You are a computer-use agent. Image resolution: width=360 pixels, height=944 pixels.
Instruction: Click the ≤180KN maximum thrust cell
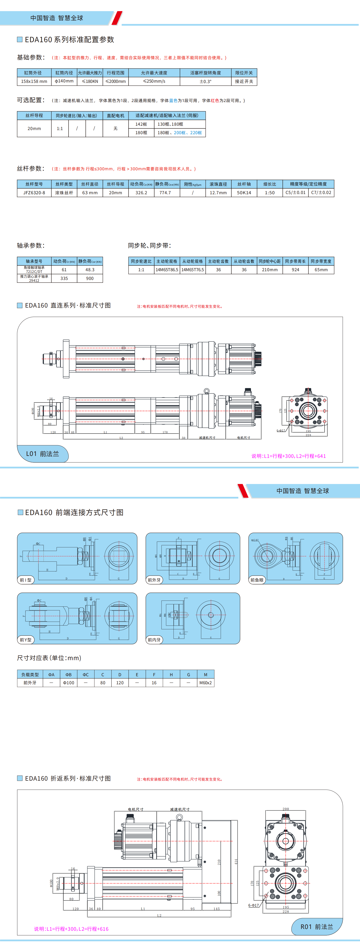90,81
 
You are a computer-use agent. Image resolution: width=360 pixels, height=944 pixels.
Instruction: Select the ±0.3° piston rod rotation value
205,81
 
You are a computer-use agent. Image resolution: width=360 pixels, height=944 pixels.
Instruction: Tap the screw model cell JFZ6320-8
34,193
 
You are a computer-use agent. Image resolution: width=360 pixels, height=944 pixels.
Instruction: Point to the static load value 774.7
165,193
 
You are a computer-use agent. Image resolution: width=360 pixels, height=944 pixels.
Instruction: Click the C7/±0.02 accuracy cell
321,193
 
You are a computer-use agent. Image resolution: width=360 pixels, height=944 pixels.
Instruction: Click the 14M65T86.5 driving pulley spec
167,270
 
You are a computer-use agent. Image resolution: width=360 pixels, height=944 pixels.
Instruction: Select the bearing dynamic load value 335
64,278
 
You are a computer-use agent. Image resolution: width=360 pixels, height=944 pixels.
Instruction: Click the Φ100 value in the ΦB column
69,683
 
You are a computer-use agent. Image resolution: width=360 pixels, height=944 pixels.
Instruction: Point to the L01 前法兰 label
42,454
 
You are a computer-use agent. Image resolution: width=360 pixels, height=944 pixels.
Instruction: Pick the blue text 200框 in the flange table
180,133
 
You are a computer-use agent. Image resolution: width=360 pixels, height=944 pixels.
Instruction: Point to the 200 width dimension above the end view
286,809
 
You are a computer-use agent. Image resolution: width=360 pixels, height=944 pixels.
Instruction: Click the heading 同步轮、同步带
149,246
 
